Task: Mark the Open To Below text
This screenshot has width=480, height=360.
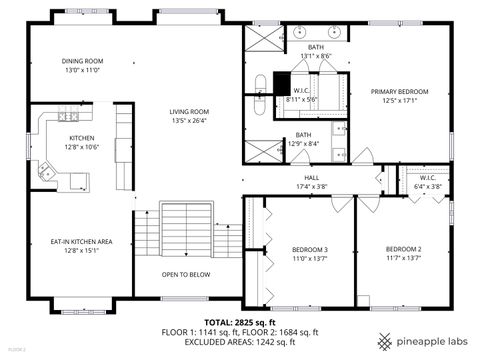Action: [x=186, y=274]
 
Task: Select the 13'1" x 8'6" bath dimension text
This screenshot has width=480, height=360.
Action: [x=316, y=56]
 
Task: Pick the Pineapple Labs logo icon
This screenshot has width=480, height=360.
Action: [x=384, y=338]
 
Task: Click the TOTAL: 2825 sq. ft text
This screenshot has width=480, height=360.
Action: [x=239, y=323]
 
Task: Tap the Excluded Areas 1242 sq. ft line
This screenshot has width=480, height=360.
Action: [x=239, y=342]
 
